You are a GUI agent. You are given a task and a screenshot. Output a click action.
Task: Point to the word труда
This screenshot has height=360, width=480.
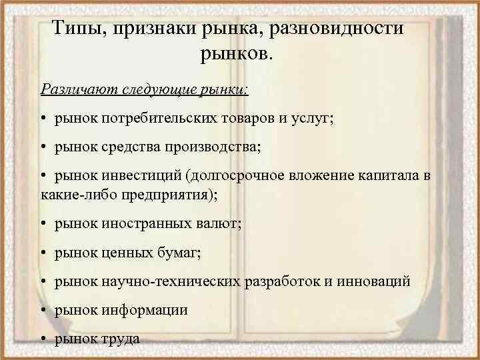[121, 339]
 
